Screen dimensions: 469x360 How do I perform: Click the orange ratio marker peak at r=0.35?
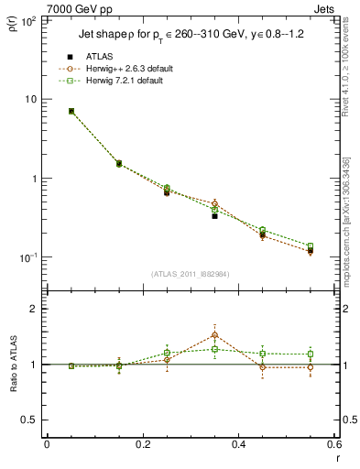point(214,334)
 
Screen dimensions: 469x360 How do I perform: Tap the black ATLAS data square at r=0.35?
point(214,216)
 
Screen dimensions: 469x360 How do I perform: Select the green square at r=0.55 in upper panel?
point(311,245)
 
